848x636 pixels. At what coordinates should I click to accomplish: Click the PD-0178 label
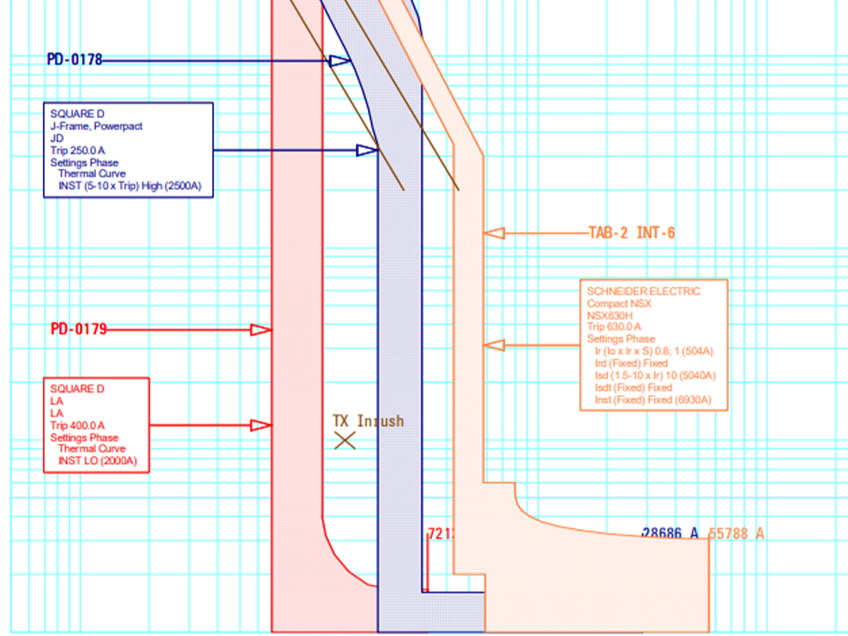[x=75, y=60]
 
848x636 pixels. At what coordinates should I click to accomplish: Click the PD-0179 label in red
[x=79, y=330]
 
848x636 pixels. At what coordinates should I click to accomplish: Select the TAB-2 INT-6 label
[x=631, y=234]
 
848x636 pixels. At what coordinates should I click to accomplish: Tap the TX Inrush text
[x=369, y=422]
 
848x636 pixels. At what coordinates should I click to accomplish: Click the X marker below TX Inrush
[x=344, y=441]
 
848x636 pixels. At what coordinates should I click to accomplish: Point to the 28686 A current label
[x=670, y=534]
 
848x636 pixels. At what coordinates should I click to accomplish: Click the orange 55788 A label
[x=736, y=534]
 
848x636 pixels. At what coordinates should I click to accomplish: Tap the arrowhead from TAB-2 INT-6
[x=494, y=234]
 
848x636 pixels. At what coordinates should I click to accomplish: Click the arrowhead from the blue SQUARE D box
[x=367, y=150]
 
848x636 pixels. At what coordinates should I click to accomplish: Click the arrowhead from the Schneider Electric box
[x=494, y=344]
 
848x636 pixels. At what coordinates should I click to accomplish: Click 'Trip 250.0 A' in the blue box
[x=78, y=151]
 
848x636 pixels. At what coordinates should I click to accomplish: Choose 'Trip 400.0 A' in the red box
[x=78, y=426]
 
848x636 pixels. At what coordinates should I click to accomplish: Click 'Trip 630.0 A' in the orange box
[x=614, y=327]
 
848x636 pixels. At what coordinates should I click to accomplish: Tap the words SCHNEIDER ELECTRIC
[x=643, y=291]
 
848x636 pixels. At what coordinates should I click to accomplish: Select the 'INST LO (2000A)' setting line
[x=97, y=461]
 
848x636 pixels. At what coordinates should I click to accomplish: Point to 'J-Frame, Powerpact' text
[x=96, y=127]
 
